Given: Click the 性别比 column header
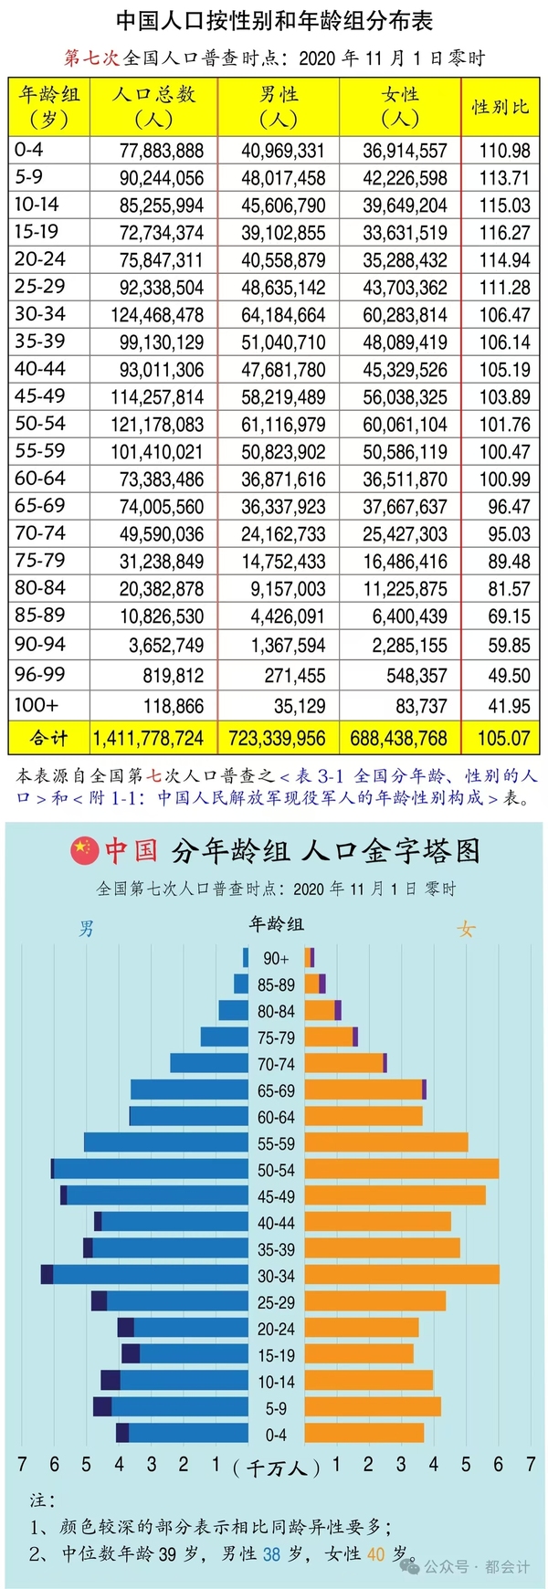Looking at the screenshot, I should tap(500, 107).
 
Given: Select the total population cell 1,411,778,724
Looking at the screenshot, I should tap(148, 738).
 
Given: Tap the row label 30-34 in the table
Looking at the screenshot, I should tap(40, 314).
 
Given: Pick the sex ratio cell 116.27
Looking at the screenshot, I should tap(504, 233).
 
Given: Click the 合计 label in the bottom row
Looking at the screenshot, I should tap(48, 738).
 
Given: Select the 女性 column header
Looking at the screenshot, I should tap(400, 106).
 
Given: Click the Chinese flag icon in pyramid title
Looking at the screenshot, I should tap(84, 850).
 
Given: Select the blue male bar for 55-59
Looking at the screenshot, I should tap(166, 1142).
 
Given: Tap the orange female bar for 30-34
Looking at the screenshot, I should tap(402, 1275).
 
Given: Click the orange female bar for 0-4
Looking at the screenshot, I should tap(364, 1433).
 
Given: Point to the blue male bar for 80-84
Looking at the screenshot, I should tap(234, 1010).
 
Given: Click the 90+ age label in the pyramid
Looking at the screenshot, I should tap(276, 958).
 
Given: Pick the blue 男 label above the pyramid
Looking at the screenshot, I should tap(87, 929).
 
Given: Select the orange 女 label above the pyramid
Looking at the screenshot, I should tap(466, 929).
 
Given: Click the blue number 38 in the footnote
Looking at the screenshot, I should tap(271, 1553).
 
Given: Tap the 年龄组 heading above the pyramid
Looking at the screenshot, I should tap(276, 923).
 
